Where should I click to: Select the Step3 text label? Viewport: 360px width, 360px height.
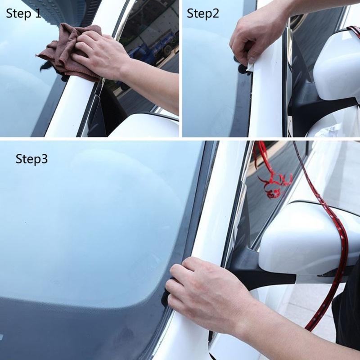(31, 159)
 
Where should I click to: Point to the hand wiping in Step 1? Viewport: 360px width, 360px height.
(99, 54)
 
